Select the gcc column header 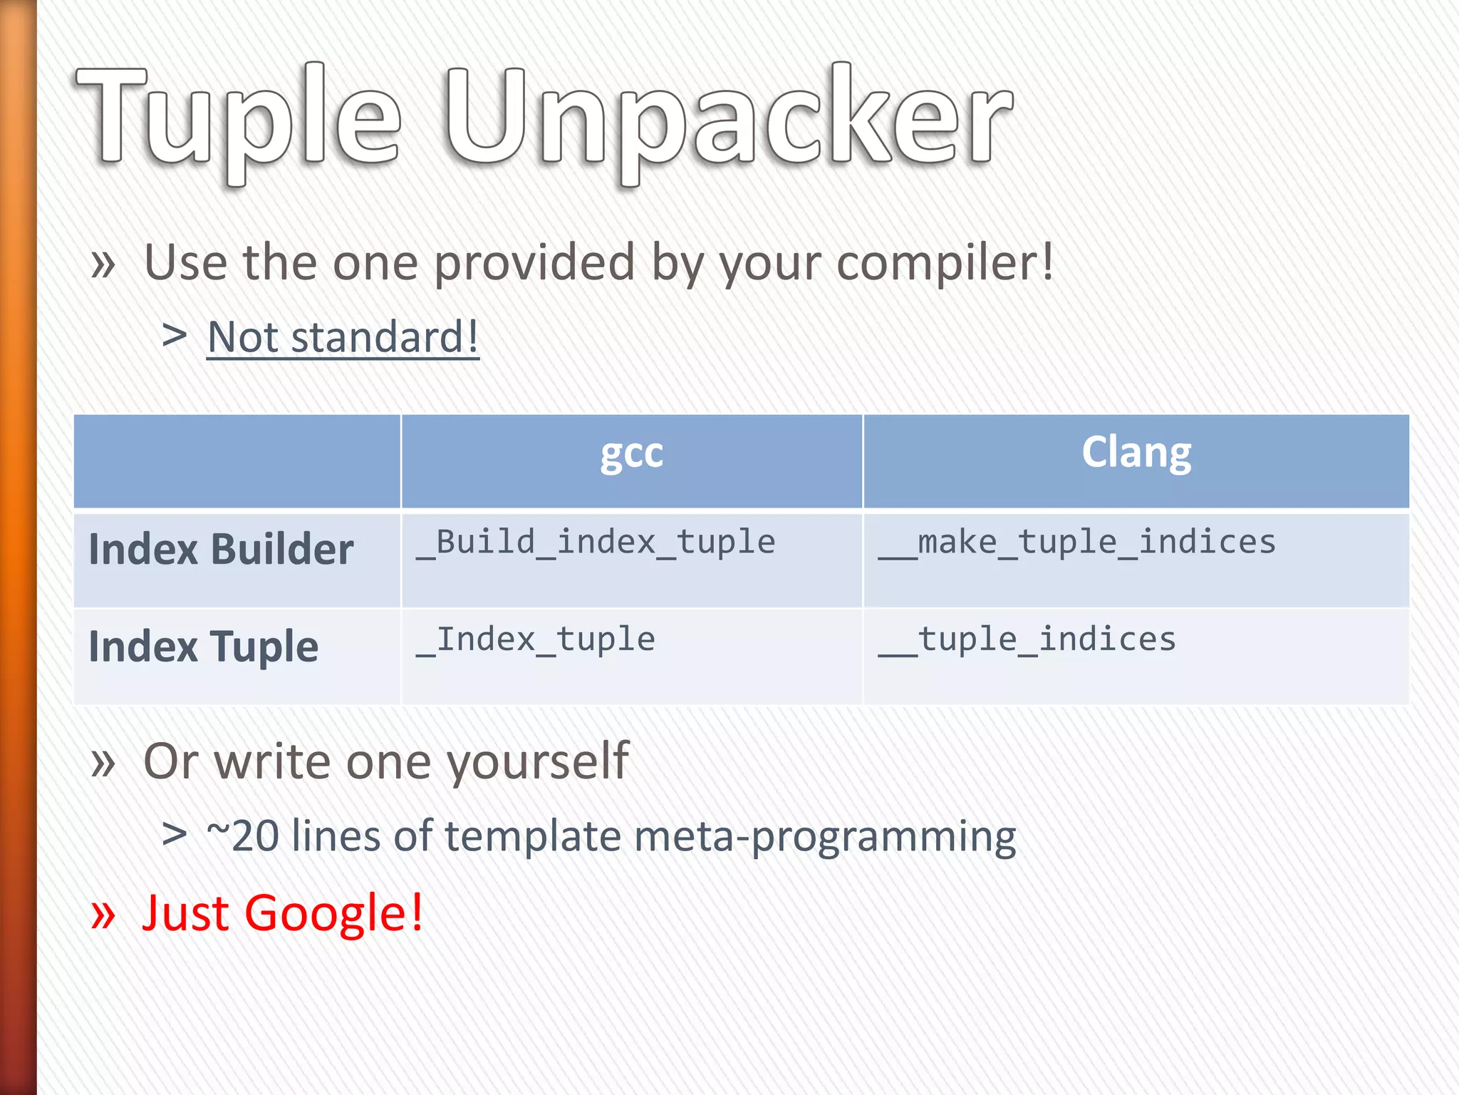631,454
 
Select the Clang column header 1136,453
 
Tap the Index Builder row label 221,550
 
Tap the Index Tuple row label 203,647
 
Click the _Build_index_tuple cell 596,543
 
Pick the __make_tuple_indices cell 1076,543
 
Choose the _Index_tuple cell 536,639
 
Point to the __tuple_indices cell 1027,639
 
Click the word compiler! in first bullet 944,262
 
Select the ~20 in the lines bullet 242,836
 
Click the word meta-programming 824,836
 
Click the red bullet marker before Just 103,915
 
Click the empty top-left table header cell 237,461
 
